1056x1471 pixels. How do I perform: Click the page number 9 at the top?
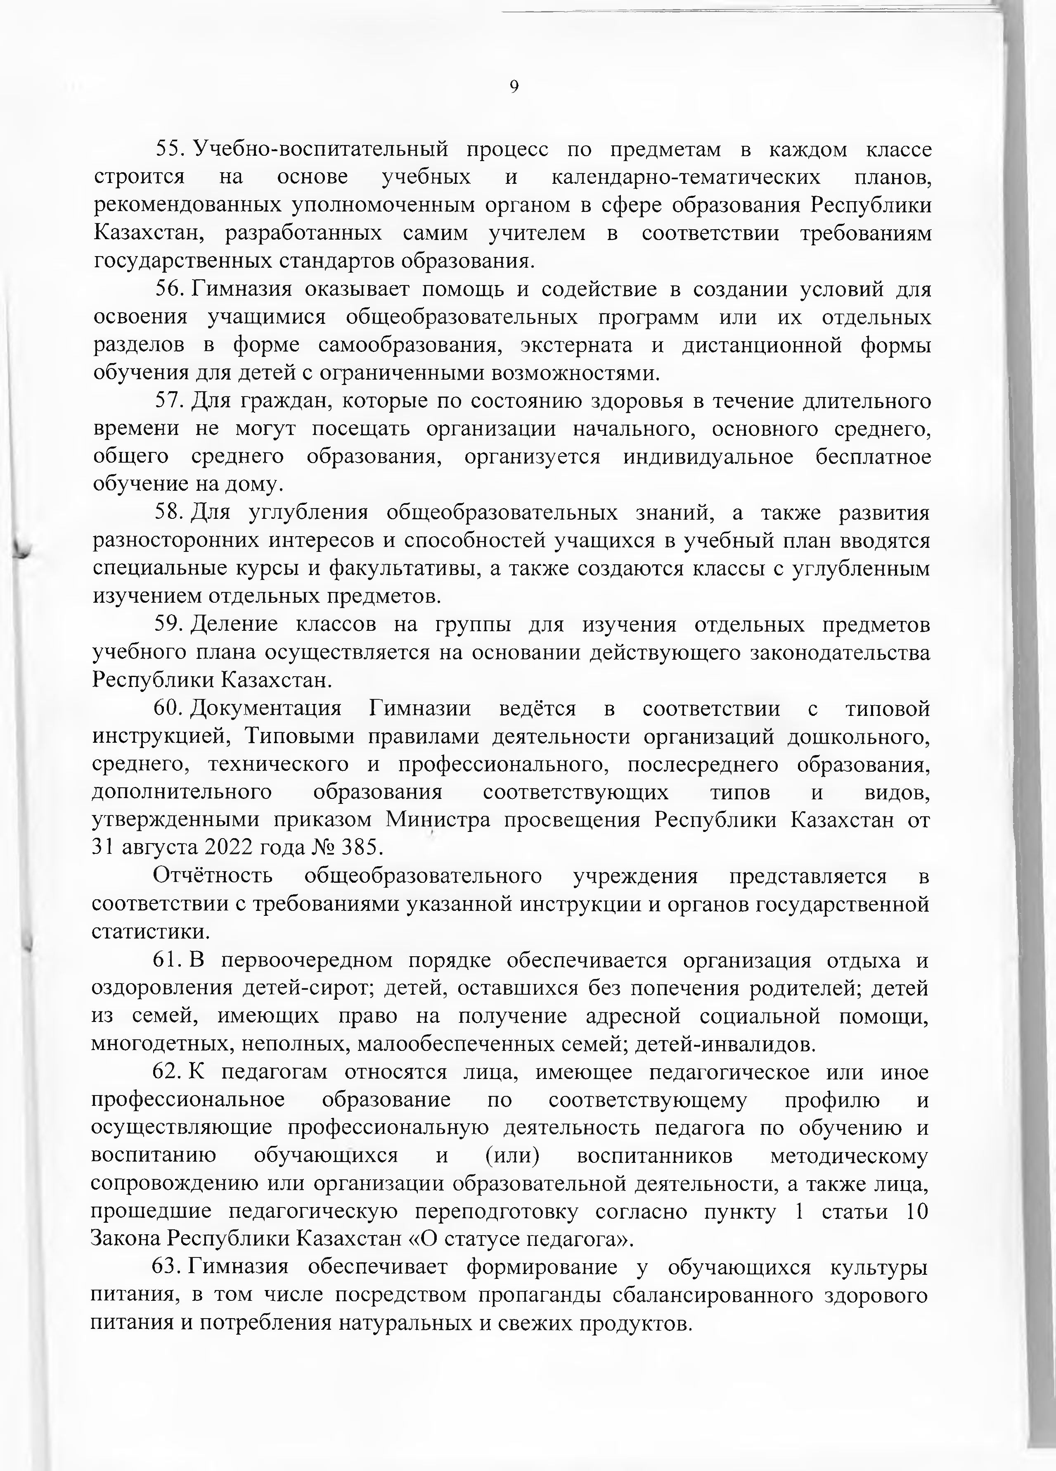tap(514, 87)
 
